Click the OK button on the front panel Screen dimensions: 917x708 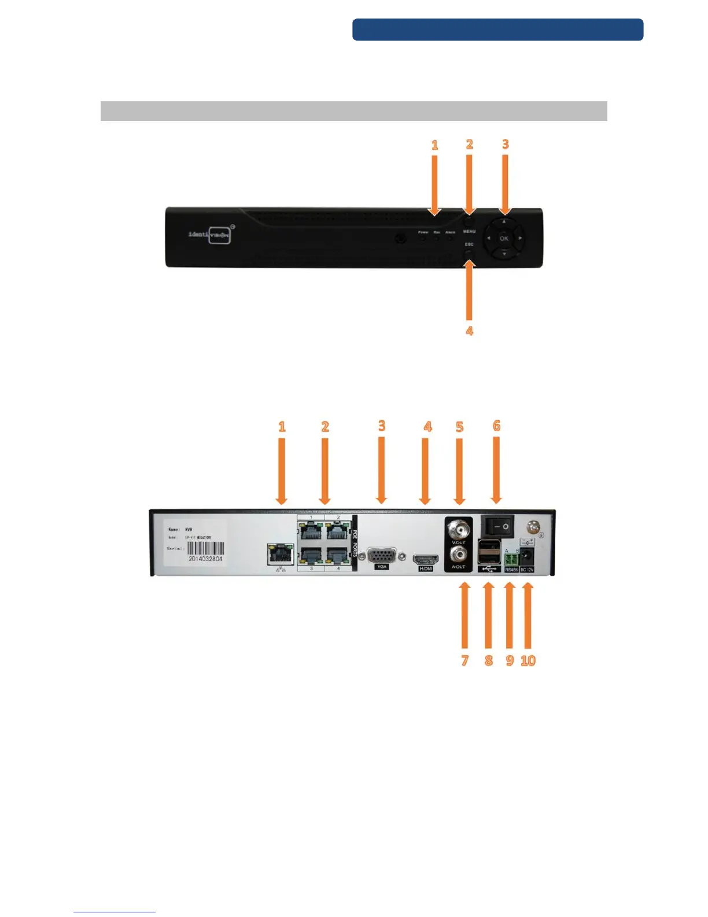pyautogui.click(x=504, y=238)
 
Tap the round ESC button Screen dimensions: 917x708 pyautogui.click(x=469, y=254)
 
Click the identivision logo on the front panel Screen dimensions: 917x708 pyautogui.click(x=210, y=235)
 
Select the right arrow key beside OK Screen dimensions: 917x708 pyautogui.click(x=520, y=238)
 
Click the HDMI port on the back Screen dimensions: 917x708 pyautogui.click(x=426, y=559)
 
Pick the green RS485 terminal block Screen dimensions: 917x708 pyautogui.click(x=511, y=560)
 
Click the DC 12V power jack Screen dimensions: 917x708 pyautogui.click(x=527, y=559)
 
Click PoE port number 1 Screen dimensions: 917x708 pyautogui.click(x=311, y=530)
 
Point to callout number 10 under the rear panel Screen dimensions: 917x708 pyautogui.click(x=528, y=661)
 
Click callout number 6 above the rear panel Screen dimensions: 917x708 pyautogui.click(x=496, y=426)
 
